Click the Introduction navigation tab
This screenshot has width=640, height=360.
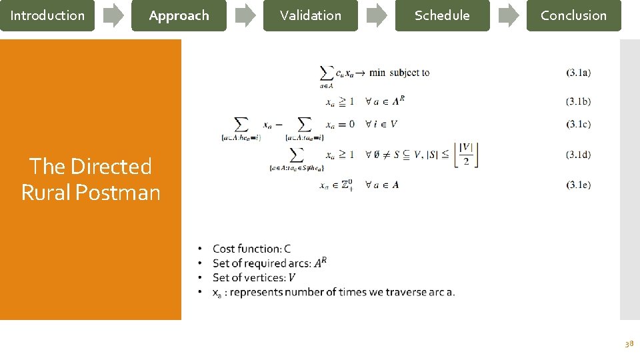pyautogui.click(x=47, y=15)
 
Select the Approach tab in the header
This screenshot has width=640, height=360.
pyautogui.click(x=179, y=15)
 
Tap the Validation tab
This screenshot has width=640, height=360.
pyautogui.click(x=310, y=15)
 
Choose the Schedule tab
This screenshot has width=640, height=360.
pyautogui.click(x=441, y=15)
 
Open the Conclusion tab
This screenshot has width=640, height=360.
pyautogui.click(x=573, y=15)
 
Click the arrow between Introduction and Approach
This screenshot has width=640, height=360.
pyautogui.click(x=113, y=16)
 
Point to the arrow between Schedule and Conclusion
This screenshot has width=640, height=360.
pyautogui.click(x=509, y=16)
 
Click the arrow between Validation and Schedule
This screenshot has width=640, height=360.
pyautogui.click(x=377, y=16)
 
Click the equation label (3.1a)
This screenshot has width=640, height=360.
pyautogui.click(x=578, y=73)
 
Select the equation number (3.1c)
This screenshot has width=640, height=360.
pyautogui.click(x=578, y=124)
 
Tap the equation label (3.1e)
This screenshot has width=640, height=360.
pyautogui.click(x=578, y=185)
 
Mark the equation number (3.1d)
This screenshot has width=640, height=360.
pyautogui.click(x=578, y=155)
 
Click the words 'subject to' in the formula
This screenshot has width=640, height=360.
pyautogui.click(x=409, y=73)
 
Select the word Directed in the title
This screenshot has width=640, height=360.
pyautogui.click(x=111, y=166)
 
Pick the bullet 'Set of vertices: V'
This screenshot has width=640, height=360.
pyautogui.click(x=254, y=278)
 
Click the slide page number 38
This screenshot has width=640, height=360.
pyautogui.click(x=629, y=344)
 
